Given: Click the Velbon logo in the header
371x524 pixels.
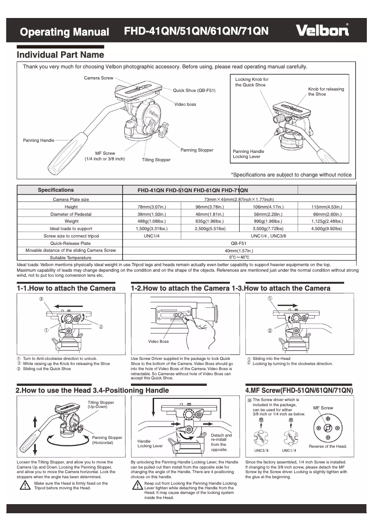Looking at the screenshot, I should [x=322, y=30].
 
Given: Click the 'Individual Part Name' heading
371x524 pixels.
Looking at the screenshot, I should [x=61, y=55].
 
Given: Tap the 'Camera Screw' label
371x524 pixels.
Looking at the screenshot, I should [x=98, y=78].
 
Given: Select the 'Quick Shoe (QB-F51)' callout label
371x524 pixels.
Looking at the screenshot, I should [x=194, y=90].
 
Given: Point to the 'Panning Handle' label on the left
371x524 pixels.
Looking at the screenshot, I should [x=38, y=140].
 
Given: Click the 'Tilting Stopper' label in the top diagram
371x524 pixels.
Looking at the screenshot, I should [x=156, y=160].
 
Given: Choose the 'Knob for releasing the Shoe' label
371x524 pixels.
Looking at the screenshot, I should [x=326, y=91].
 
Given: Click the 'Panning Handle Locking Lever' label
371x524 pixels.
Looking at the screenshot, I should [x=248, y=154].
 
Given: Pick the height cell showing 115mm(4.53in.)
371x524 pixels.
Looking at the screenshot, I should [x=327, y=207].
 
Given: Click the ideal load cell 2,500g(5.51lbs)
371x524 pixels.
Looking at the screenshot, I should [x=210, y=229].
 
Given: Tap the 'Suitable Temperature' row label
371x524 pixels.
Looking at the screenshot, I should [x=71, y=257].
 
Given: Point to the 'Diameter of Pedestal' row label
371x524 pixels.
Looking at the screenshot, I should [x=71, y=214].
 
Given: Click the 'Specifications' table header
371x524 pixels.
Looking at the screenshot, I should [x=56, y=190].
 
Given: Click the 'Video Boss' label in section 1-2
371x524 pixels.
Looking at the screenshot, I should [x=158, y=341].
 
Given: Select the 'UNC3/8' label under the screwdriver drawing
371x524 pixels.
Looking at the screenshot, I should [x=261, y=451].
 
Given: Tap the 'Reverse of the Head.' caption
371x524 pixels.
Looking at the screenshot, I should [x=328, y=446].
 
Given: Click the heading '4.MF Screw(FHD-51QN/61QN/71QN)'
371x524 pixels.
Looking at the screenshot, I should [x=299, y=390].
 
